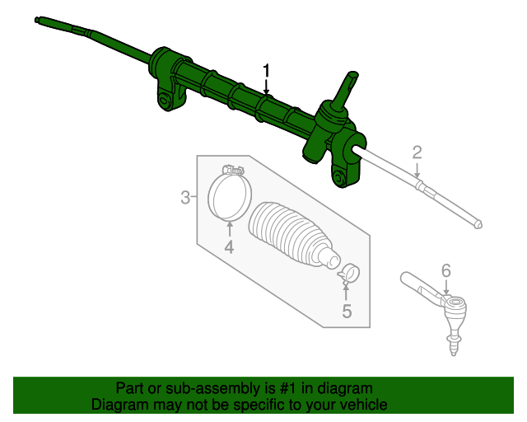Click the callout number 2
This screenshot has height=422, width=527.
pyautogui.click(x=417, y=152)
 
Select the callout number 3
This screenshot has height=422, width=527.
pyautogui.click(x=186, y=197)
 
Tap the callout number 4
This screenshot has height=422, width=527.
pyautogui.click(x=229, y=246)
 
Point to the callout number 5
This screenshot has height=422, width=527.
pyautogui.click(x=347, y=311)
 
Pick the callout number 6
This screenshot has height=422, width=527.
pyautogui.click(x=445, y=270)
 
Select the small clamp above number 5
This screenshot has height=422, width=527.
pyautogui.click(x=349, y=271)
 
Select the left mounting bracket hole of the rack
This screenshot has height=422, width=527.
pyautogui.click(x=166, y=102)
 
